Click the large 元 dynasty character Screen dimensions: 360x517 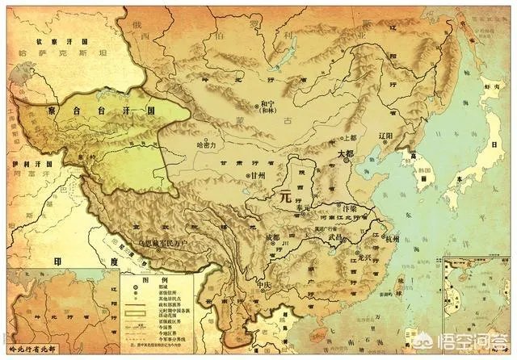(284, 195)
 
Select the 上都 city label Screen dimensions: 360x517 (348, 115)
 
